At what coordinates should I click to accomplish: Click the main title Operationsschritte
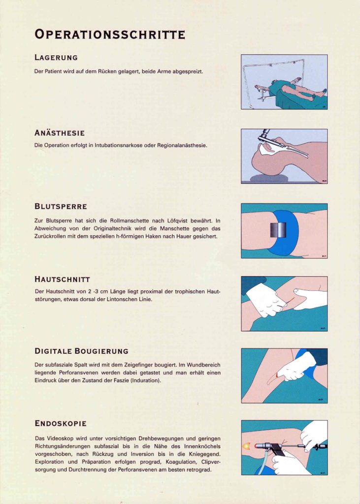(110, 34)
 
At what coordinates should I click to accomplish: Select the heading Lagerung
(56, 58)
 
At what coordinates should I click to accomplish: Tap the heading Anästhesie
(60, 133)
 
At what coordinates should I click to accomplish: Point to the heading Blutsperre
(61, 206)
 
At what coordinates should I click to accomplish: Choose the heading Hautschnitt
(62, 279)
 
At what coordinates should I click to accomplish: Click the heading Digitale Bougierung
(81, 351)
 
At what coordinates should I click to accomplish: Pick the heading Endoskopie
(61, 423)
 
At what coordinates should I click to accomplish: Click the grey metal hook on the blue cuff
(278, 230)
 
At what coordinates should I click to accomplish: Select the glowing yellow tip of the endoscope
(247, 446)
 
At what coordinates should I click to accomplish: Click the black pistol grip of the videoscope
(276, 449)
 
